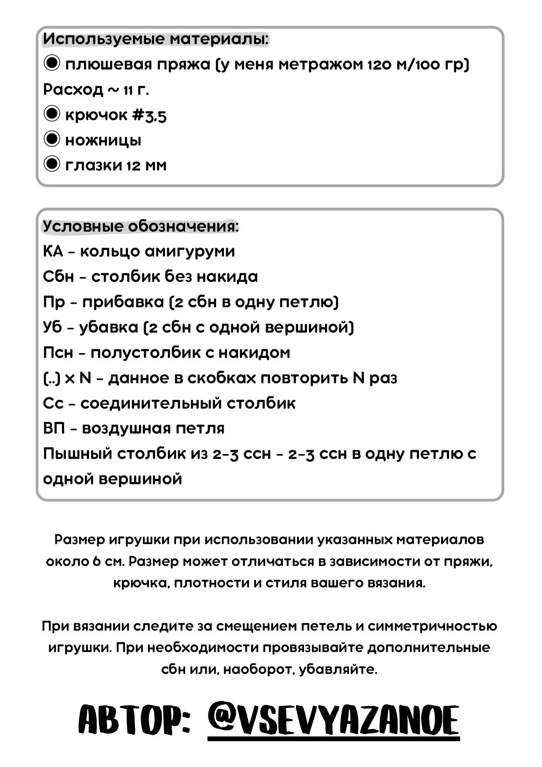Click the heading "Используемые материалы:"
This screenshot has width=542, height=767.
click(x=156, y=39)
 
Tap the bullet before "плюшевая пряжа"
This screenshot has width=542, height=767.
click(x=52, y=63)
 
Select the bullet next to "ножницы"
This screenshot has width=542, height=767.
click(x=52, y=139)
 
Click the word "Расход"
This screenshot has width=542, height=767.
click(x=73, y=90)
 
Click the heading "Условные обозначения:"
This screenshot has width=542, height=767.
click(x=141, y=226)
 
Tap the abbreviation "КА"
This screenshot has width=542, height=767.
click(x=53, y=251)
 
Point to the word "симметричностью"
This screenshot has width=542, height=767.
click(x=432, y=626)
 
